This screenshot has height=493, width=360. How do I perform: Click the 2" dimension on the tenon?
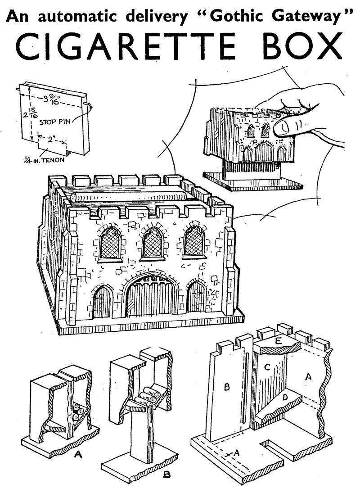point(53,138)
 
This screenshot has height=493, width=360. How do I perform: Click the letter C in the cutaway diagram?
point(267,367)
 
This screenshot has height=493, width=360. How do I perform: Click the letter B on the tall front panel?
point(226,386)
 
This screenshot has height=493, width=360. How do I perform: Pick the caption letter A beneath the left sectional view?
point(78,455)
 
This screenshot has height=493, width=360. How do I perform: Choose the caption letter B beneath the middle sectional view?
point(167,474)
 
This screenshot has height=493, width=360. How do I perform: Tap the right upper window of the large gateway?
point(194,242)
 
